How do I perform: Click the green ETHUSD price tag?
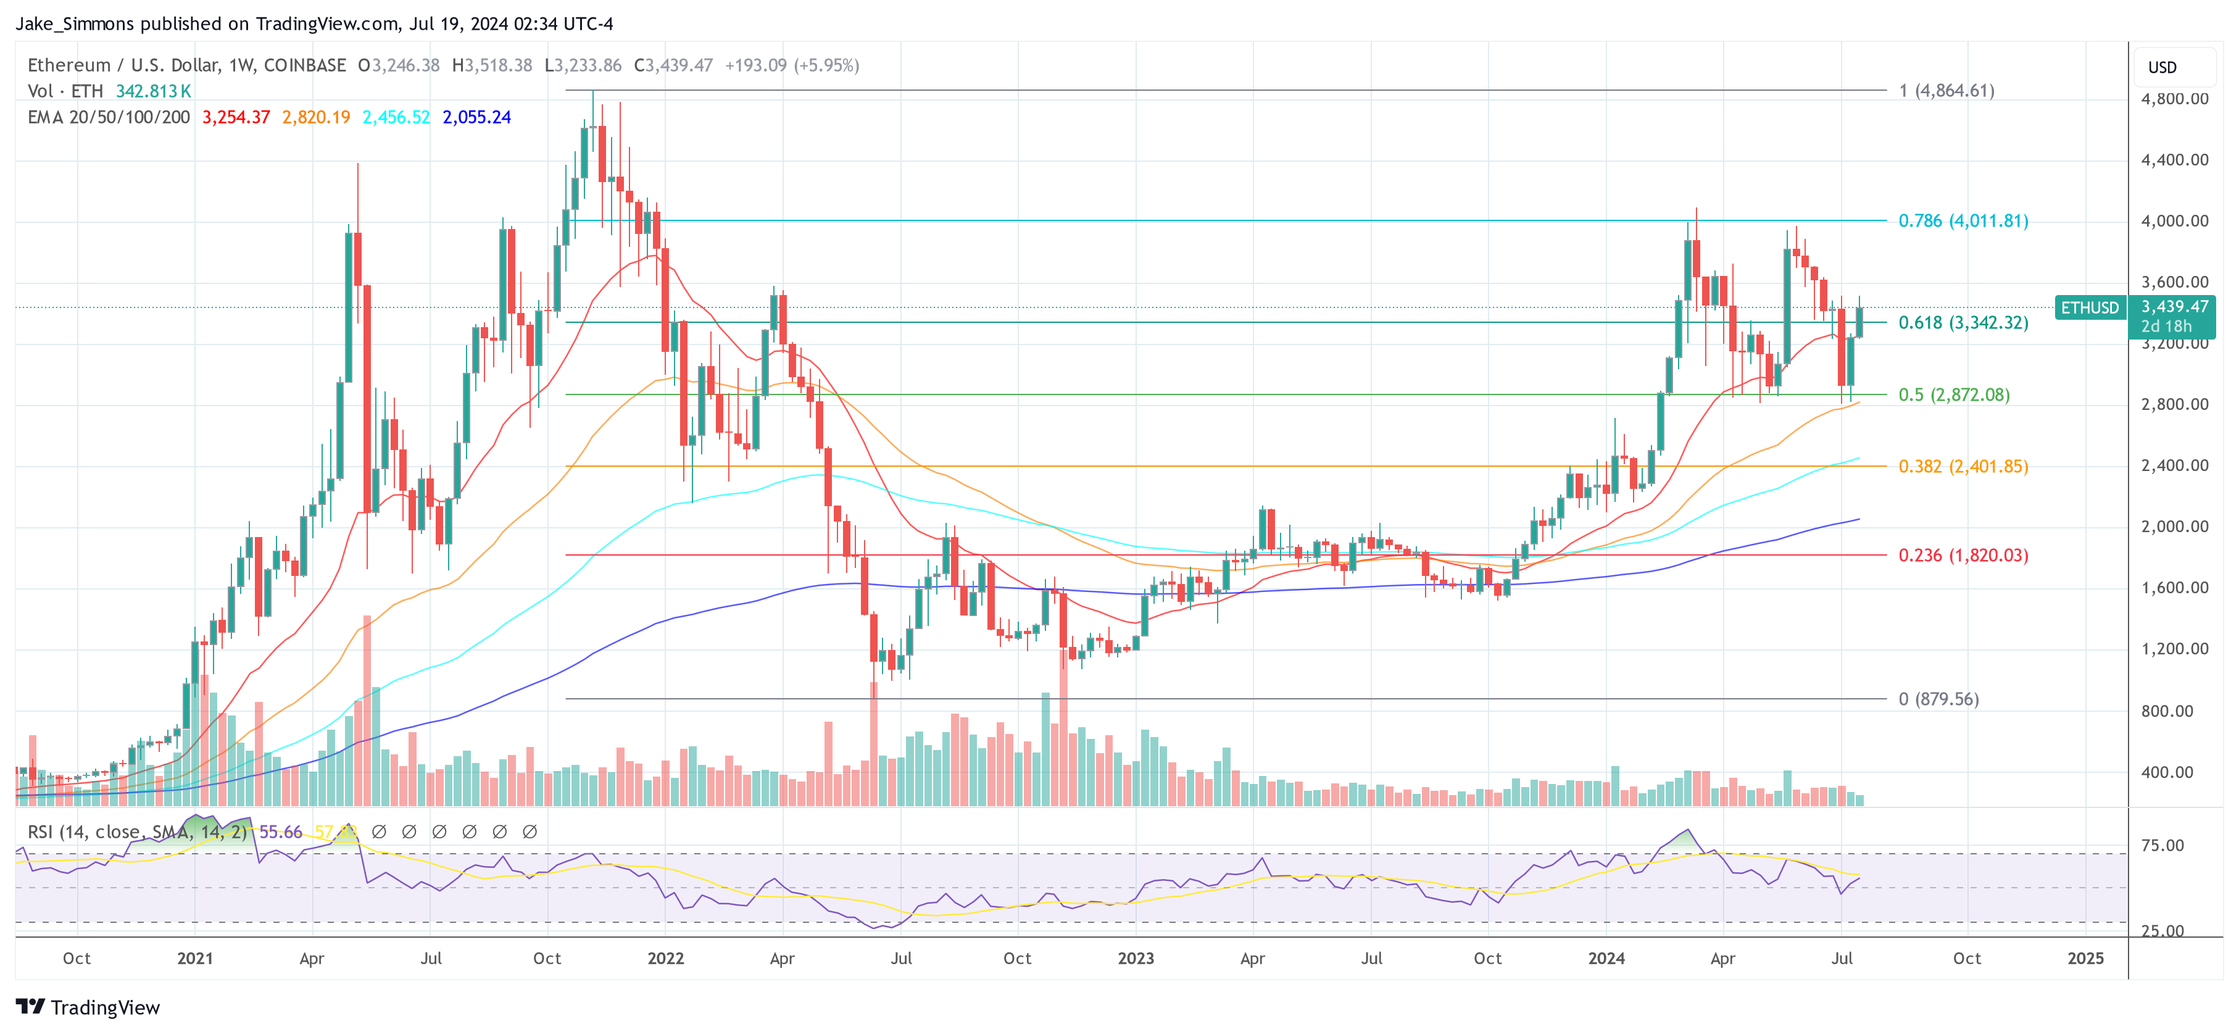point(2090,308)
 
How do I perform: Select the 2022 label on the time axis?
point(666,958)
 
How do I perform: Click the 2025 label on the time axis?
point(2085,958)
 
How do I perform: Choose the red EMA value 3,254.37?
point(236,117)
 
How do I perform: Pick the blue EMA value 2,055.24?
point(476,117)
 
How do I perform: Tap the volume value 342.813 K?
point(153,91)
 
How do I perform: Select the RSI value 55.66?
point(280,832)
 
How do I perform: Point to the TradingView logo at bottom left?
point(88,1007)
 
